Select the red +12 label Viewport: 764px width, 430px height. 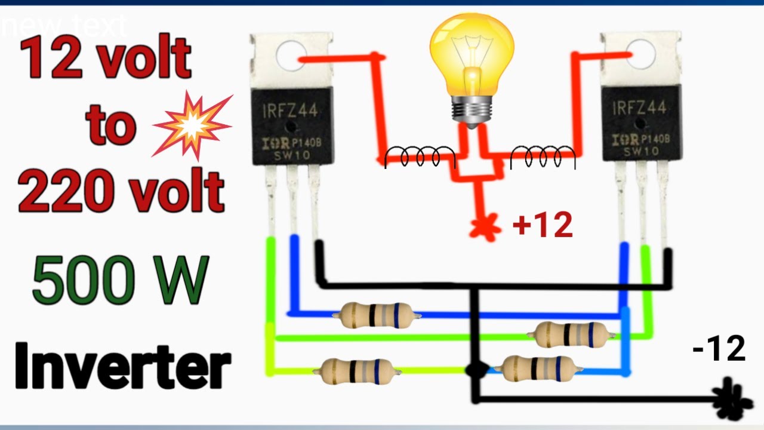[x=543, y=226]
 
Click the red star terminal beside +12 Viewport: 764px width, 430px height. [x=483, y=229]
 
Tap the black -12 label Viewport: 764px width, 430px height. [x=719, y=349]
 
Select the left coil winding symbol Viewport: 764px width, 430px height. [x=420, y=157]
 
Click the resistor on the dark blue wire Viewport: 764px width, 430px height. [x=375, y=315]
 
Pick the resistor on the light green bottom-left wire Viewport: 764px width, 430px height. [x=357, y=371]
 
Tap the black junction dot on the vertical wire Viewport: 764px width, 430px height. [x=476, y=370]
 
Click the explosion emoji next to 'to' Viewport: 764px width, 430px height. [x=192, y=124]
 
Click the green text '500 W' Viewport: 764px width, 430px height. [x=121, y=279]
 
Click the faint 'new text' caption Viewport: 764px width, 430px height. [x=63, y=26]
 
